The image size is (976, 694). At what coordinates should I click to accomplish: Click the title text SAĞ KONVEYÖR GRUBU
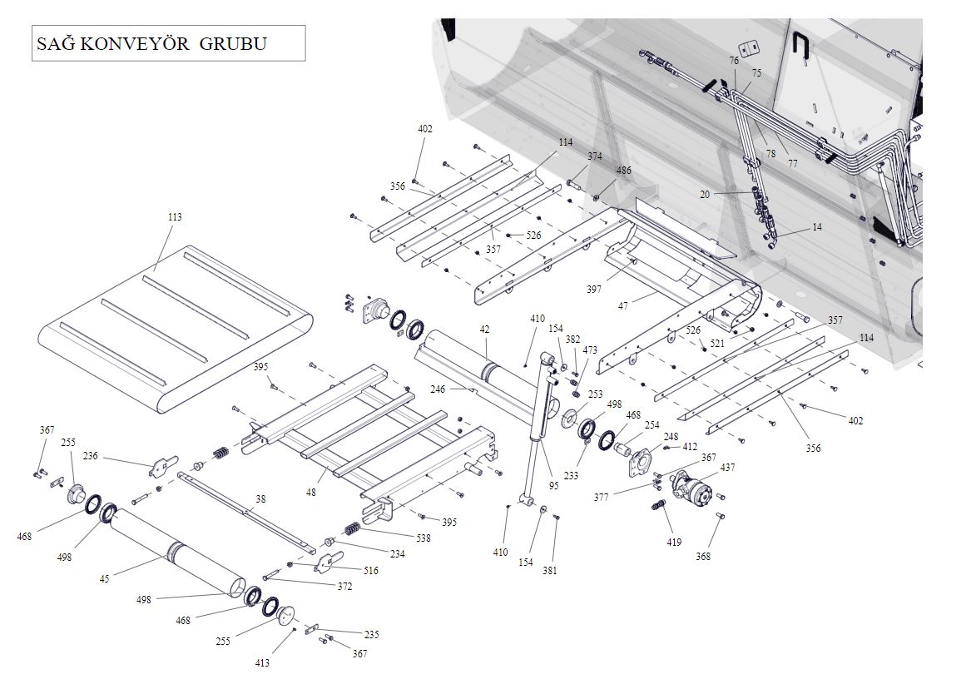tap(151, 43)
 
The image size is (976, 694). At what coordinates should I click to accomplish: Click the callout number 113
tap(175, 217)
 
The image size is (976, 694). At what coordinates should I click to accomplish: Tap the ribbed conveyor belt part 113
tap(175, 325)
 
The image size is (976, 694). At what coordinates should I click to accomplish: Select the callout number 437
tap(728, 468)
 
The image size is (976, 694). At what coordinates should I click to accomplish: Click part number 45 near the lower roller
tap(104, 578)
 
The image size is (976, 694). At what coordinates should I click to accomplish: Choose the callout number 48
tap(311, 493)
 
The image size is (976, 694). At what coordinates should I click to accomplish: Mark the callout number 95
tap(554, 485)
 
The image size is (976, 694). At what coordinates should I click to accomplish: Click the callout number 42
tap(484, 330)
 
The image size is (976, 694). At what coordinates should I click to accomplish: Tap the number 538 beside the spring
tap(424, 538)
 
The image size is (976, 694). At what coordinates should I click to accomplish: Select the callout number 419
tap(674, 543)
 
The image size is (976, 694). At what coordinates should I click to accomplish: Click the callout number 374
tap(595, 156)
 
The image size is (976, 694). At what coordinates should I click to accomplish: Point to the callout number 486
tap(623, 171)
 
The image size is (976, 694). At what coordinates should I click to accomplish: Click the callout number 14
tap(817, 226)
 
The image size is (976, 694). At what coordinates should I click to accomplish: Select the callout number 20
tap(705, 194)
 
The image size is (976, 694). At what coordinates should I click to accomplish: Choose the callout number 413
tap(263, 663)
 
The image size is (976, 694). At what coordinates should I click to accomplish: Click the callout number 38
tap(260, 499)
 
